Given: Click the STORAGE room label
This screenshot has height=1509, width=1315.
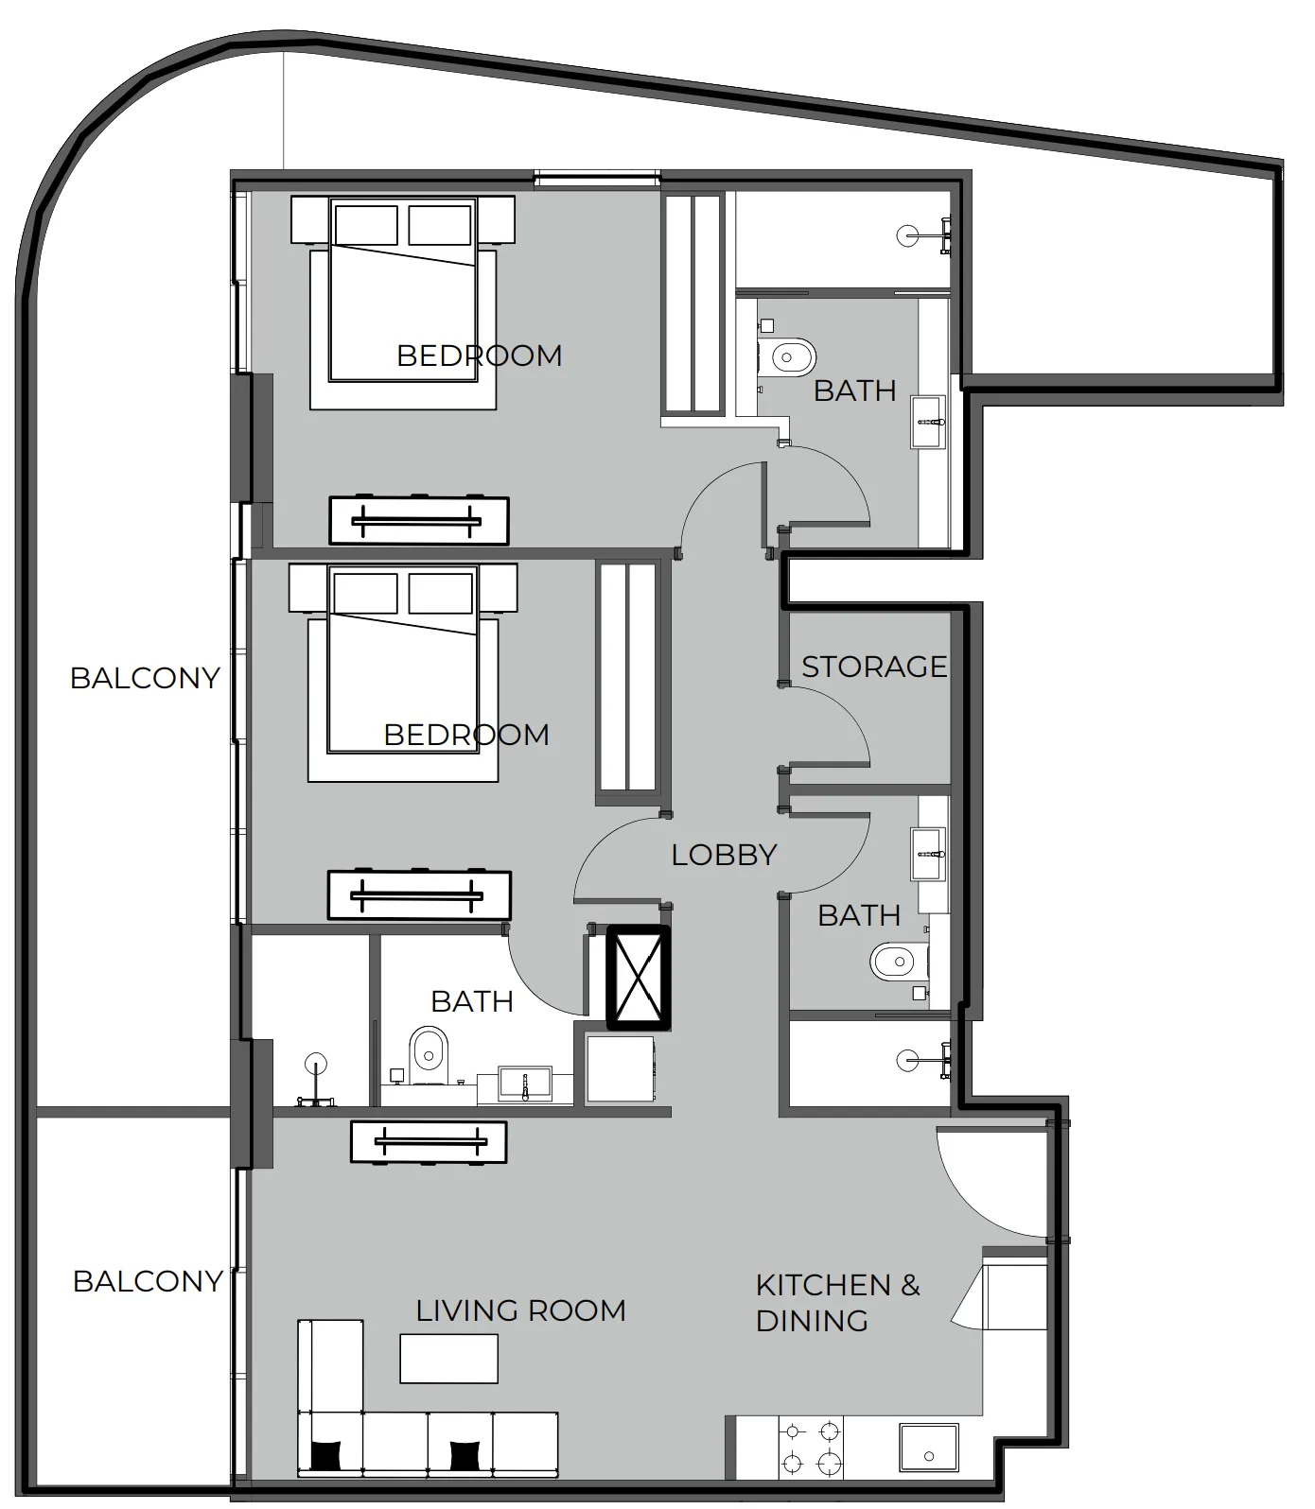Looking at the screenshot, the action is tap(874, 667).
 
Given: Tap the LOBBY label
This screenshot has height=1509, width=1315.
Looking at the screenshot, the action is tap(724, 855).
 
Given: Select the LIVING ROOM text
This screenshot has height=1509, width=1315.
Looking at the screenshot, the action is tap(520, 1310).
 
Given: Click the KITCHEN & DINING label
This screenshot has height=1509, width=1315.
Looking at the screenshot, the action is tap(837, 1303).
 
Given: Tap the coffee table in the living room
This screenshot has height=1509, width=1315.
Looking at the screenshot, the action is tap(448, 1359).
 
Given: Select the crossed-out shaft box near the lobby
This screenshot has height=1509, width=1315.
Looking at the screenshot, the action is tap(638, 978).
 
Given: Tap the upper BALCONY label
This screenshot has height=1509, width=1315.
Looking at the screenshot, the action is tap(145, 678).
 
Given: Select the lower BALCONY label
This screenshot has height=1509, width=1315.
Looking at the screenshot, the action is tap(148, 1281).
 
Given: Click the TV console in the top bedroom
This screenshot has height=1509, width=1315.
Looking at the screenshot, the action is tap(419, 521).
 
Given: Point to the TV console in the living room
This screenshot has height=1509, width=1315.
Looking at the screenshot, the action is tap(429, 1142).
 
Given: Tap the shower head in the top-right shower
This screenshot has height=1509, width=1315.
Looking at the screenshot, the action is tap(908, 235).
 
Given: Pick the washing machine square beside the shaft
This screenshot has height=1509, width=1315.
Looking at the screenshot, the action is tap(621, 1069).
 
